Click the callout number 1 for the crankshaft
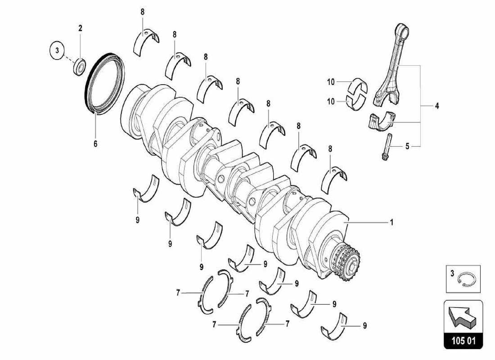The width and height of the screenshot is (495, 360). [x=391, y=222]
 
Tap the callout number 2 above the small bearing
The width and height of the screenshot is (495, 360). [x=81, y=28]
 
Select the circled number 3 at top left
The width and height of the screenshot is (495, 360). [x=57, y=51]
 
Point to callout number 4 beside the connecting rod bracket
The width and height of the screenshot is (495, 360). [x=436, y=106]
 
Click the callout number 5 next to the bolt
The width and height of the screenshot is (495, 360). [x=407, y=146]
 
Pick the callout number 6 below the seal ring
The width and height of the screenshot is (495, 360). [x=95, y=144]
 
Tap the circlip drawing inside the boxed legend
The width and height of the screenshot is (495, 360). [x=464, y=281]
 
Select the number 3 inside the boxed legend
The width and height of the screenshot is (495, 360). [x=452, y=272]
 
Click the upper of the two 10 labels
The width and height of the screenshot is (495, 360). [x=331, y=82]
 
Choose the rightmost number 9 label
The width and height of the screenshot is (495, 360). [x=364, y=325]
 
